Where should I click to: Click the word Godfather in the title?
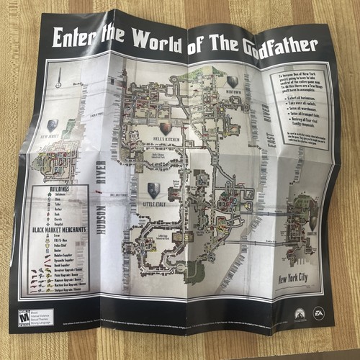point(278,45)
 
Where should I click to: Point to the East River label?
point(267,134)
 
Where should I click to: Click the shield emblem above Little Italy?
point(153,190)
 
